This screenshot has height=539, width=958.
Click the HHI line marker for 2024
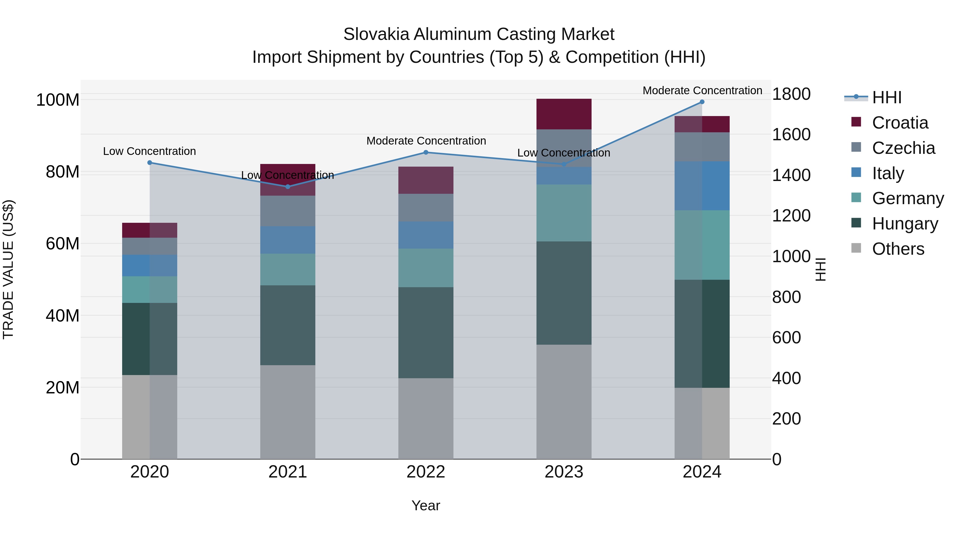(702, 102)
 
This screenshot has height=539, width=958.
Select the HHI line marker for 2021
(287, 187)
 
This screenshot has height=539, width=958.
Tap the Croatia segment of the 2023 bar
(564, 114)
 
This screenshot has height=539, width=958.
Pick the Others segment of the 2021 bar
(287, 412)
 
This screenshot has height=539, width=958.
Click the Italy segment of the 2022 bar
(426, 235)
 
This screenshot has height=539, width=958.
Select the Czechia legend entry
(903, 148)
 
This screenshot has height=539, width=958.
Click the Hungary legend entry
(905, 224)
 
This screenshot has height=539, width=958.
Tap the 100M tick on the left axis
(58, 100)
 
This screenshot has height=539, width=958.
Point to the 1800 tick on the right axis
(791, 94)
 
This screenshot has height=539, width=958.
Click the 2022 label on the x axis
(426, 472)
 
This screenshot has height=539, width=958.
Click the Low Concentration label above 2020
(150, 151)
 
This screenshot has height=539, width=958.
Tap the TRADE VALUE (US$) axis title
(9, 269)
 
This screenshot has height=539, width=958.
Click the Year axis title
(426, 505)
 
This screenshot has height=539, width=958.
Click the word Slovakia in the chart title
(376, 35)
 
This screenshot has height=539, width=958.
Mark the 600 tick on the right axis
(786, 338)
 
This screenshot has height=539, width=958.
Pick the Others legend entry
(898, 249)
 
